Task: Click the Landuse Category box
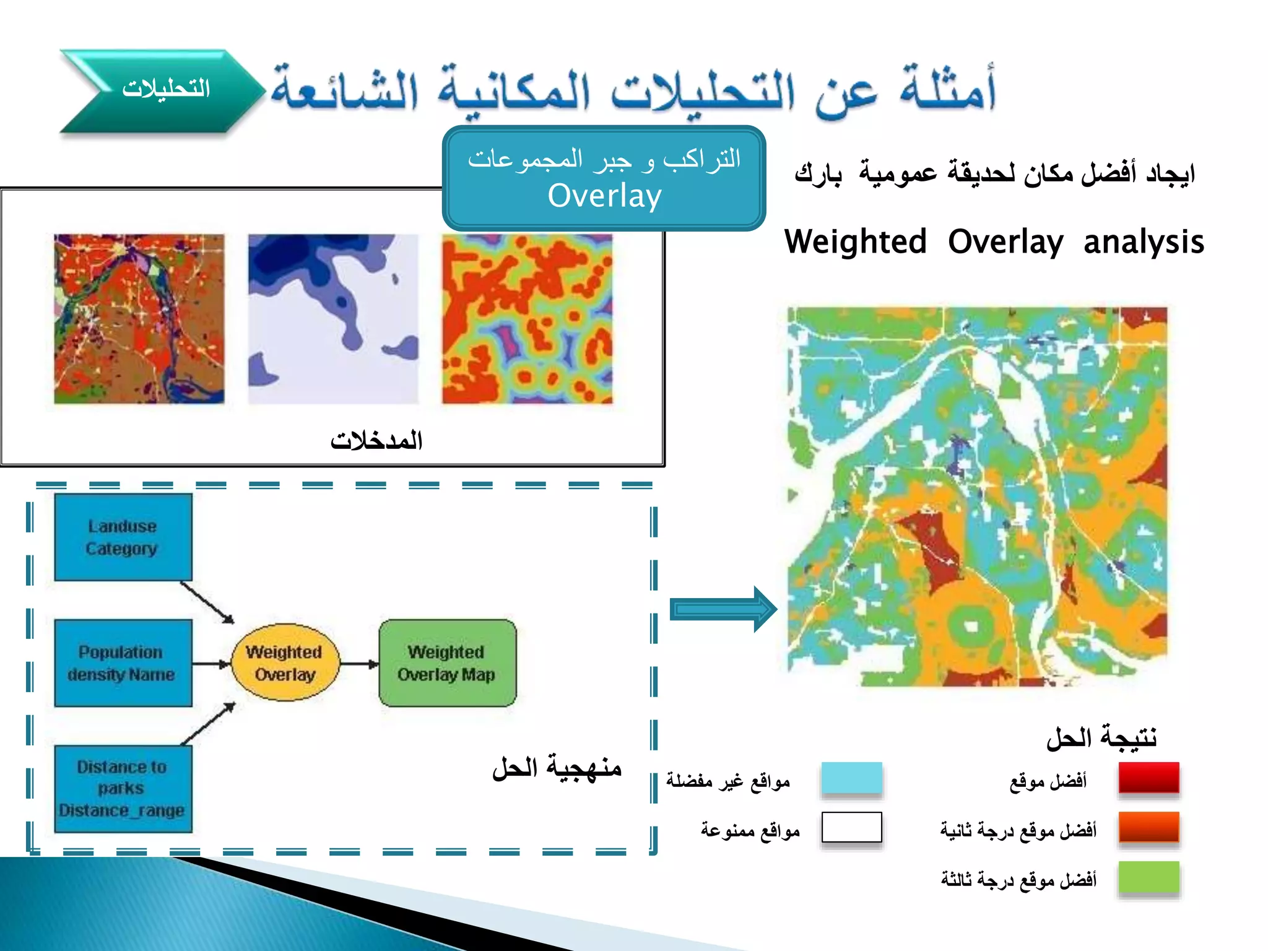[123, 537]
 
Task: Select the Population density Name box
[123, 662]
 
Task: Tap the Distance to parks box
[123, 788]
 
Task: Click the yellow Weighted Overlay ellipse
[285, 663]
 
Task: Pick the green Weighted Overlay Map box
[447, 663]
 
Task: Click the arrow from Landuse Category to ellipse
[207, 602]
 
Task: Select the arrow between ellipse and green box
[359, 664]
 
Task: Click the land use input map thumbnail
[139, 319]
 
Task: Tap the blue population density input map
[333, 319]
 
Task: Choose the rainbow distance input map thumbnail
[527, 319]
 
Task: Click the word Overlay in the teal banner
[605, 196]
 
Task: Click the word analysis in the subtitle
[1144, 242]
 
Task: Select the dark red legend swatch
[1149, 778]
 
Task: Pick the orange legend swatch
[1149, 828]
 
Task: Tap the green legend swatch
[1149, 877]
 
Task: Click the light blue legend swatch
[851, 778]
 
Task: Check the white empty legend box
[851, 827]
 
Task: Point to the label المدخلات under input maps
[376, 441]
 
